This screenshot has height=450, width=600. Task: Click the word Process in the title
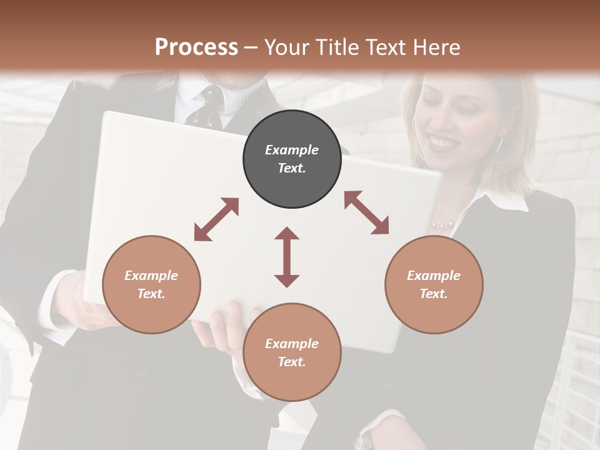[x=196, y=47]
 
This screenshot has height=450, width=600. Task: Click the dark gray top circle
[x=292, y=159]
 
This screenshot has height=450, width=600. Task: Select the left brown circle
[x=151, y=284]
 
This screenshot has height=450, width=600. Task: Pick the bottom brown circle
[x=292, y=352]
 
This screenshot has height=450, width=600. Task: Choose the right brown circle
[x=434, y=284]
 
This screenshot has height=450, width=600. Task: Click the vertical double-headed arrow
[x=287, y=257]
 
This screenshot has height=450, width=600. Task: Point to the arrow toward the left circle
[x=216, y=219]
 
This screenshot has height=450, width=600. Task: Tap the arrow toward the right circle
[x=366, y=212]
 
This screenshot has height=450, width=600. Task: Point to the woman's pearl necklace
[x=442, y=224]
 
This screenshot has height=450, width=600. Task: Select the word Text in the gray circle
[x=292, y=168]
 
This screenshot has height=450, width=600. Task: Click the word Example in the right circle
[x=434, y=276]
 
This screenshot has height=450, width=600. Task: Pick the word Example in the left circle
[x=151, y=276]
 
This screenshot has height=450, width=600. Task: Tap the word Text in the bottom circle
[x=292, y=361]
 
